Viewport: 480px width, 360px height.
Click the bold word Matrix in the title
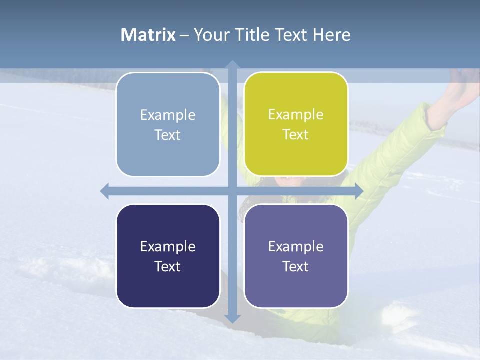pyautogui.click(x=148, y=35)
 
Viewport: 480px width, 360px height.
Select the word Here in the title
pyautogui.click(x=332, y=35)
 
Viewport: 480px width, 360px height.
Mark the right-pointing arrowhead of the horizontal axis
pyautogui.click(x=358, y=191)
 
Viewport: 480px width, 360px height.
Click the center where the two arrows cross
pyautogui.click(x=232, y=191)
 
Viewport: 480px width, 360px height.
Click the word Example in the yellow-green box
pyautogui.click(x=296, y=114)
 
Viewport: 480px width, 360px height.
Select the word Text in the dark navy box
pyautogui.click(x=168, y=266)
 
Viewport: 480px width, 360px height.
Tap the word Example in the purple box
pyautogui.click(x=296, y=246)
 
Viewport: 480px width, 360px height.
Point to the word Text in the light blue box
pyautogui.click(x=168, y=135)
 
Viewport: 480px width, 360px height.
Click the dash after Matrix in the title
pyautogui.click(x=184, y=35)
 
